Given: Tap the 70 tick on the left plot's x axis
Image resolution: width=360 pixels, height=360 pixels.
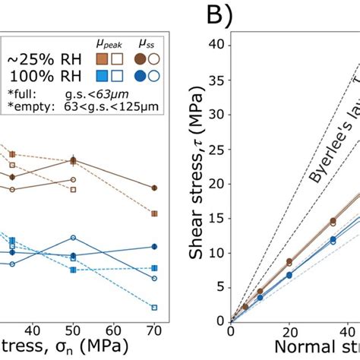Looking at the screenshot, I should pyautogui.click(x=154, y=331).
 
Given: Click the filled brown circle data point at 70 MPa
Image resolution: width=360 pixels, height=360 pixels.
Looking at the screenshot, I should pyautogui.click(x=154, y=188).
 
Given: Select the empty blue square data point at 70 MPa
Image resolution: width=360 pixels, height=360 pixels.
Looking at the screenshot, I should pyautogui.click(x=154, y=308).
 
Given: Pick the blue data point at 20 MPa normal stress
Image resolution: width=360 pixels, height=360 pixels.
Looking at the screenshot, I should pyautogui.click(x=289, y=274).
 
